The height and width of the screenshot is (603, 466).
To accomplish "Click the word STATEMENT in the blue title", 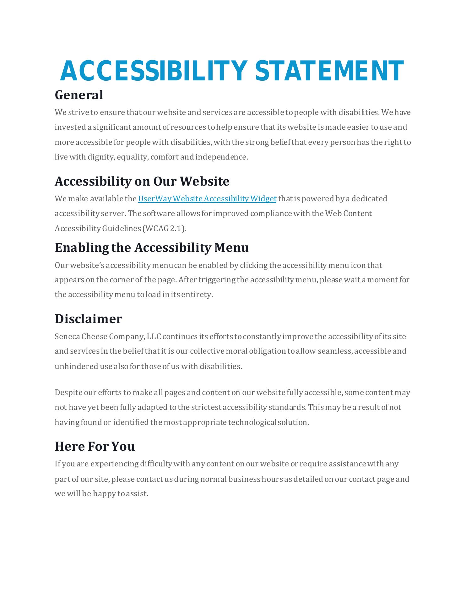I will click(329, 71).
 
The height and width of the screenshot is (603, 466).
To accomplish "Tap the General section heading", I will click(79, 95).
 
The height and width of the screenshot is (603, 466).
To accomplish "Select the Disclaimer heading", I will click(88, 319).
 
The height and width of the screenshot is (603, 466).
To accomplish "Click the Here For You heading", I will click(95, 446).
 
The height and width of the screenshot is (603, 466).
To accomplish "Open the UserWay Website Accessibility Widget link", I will click(207, 199).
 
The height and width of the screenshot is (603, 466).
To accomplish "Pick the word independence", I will click(221, 157).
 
